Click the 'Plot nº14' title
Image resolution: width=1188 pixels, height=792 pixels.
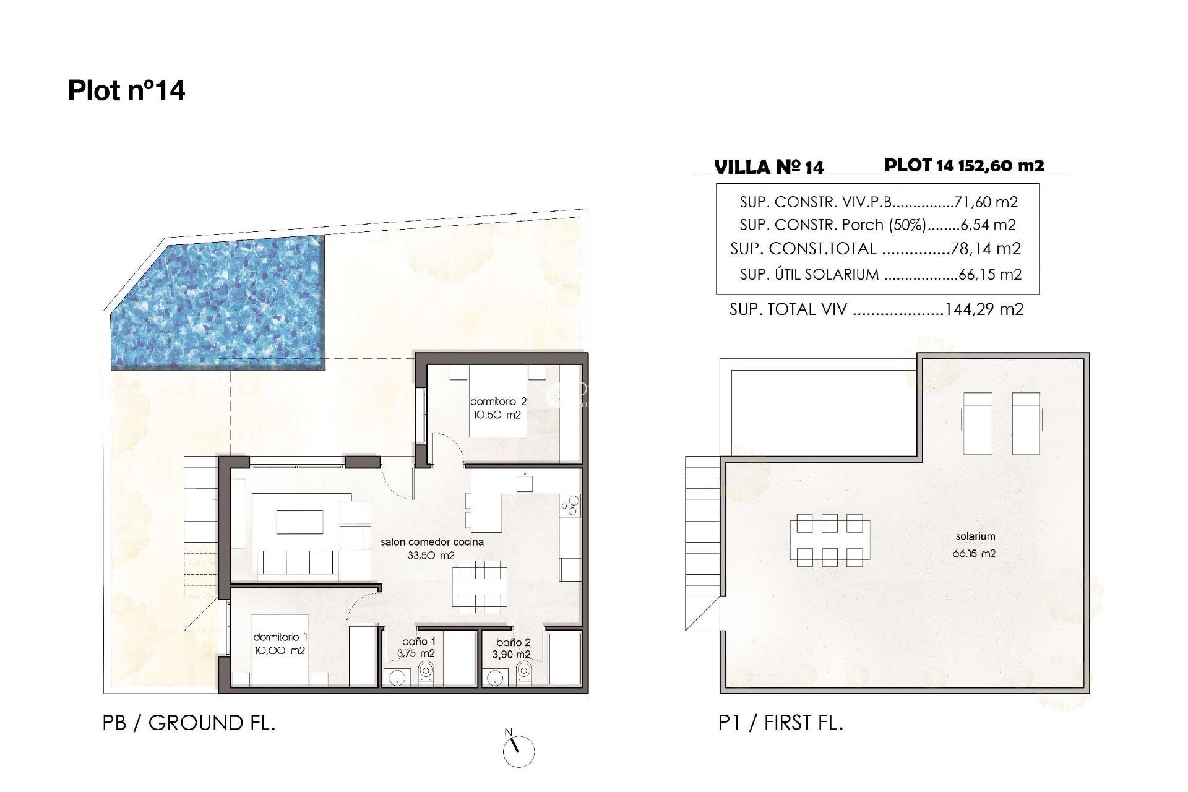tap(126, 90)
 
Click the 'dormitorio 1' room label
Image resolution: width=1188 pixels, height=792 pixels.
tap(280, 637)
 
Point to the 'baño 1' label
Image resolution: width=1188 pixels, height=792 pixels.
tap(418, 642)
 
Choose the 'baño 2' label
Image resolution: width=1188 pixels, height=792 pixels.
tap(513, 643)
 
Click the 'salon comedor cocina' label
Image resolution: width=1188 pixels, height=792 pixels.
tap(431, 542)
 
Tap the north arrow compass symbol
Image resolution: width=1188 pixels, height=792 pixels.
tap(519, 751)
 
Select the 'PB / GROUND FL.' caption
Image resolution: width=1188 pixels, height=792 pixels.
tap(189, 723)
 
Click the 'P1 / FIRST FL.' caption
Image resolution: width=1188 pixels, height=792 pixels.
tap(780, 722)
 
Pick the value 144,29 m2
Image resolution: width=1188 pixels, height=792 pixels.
tap(984, 309)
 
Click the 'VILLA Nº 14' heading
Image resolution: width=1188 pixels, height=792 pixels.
tap(768, 167)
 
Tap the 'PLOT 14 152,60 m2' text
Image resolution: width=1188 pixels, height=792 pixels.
tap(964, 165)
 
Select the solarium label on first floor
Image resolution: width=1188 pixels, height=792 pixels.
tap(975, 537)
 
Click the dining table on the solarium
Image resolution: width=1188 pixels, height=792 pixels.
tap(829, 540)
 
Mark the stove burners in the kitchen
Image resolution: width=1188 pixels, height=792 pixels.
tap(570, 505)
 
